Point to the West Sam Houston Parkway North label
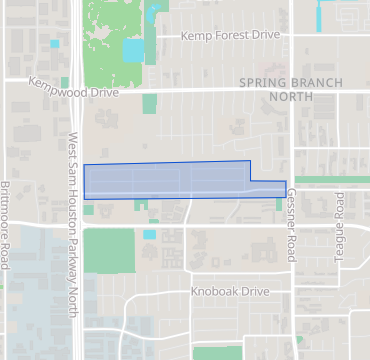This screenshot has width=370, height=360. (x=75, y=224)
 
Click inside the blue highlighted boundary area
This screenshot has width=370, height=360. (x=165, y=180)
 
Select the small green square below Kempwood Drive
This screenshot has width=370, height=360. (x=150, y=103)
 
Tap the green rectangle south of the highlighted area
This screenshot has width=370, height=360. (x=108, y=250)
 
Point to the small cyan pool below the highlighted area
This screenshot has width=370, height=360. (x=149, y=234)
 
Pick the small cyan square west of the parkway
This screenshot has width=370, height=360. (x=54, y=44)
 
